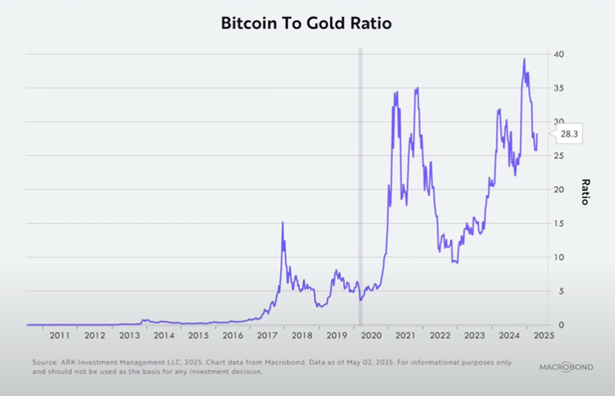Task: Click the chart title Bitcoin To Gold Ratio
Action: [306, 23]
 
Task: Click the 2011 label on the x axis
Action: [60, 335]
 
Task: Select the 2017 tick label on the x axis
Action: [267, 335]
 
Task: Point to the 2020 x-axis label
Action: [370, 335]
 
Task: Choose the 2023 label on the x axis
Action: [474, 335]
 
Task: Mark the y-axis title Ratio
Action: [585, 191]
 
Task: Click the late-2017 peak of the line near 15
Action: [282, 222]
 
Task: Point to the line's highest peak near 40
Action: [524, 59]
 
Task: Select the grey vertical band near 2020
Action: [361, 185]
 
